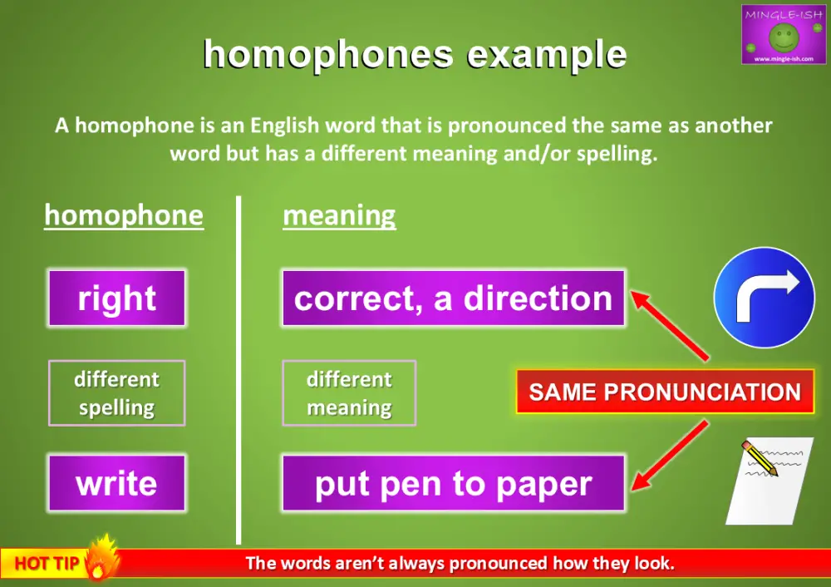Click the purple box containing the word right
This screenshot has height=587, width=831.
click(x=116, y=298)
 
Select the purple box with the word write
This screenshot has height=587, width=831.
click(x=116, y=483)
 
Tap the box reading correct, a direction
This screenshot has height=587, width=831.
click(x=453, y=298)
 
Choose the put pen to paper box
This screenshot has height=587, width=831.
click(x=453, y=483)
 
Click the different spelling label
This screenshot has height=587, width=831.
click(x=116, y=393)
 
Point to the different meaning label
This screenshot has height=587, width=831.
click(x=349, y=393)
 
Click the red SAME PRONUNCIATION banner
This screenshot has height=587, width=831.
click(x=665, y=392)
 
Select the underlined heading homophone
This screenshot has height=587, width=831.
click(x=124, y=215)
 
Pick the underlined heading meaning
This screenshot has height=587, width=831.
click(x=339, y=215)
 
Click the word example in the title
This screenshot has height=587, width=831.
click(x=547, y=55)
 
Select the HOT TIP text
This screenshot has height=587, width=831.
click(x=47, y=564)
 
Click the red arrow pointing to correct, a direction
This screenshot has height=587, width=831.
click(x=669, y=324)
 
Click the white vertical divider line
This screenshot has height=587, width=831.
click(x=239, y=370)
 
